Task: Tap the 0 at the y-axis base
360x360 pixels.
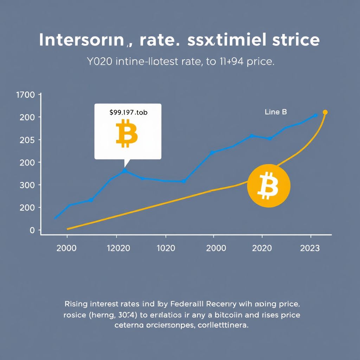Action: [x=32, y=230]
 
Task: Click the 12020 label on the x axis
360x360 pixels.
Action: [x=118, y=248]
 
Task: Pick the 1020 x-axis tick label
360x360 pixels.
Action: [x=166, y=248]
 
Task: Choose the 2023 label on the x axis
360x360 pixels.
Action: [x=310, y=248]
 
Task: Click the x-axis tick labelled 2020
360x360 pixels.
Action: [x=262, y=248]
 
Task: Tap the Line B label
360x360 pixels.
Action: [x=276, y=112]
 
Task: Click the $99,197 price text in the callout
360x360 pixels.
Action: [x=128, y=113]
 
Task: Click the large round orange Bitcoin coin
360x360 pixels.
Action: [x=269, y=185]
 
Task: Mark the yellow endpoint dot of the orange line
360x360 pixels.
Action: [x=325, y=112]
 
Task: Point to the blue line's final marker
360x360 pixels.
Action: [x=315, y=115]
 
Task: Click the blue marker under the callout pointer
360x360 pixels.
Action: [x=124, y=171]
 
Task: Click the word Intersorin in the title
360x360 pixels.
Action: [x=81, y=40]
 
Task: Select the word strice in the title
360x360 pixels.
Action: [x=296, y=40]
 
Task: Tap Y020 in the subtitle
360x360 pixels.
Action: [x=99, y=62]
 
